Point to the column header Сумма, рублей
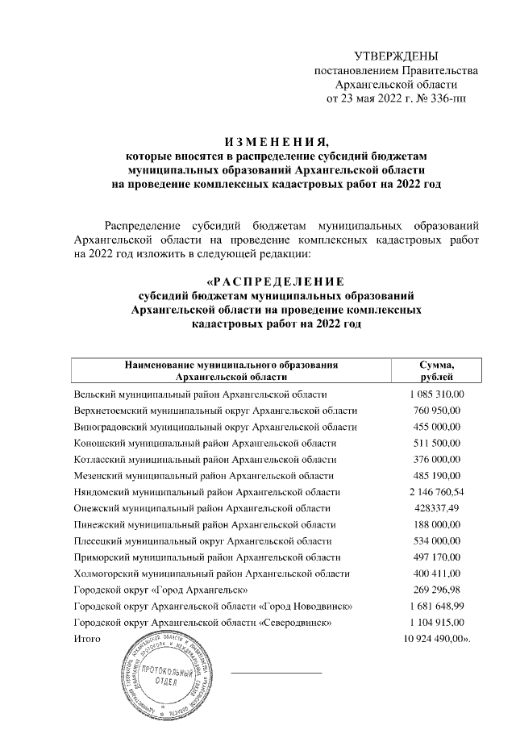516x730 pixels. pos(437,370)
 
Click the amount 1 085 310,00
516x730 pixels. pos(437,394)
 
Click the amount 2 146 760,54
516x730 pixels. pos(437,492)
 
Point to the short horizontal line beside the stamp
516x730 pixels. pos(277,671)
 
